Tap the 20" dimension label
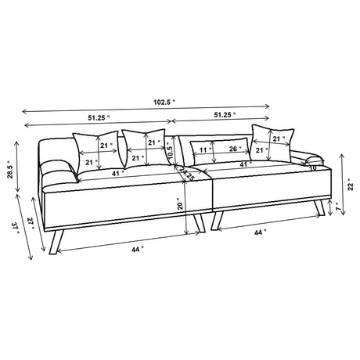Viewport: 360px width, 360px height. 181,206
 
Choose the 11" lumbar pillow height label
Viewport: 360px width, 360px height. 203,149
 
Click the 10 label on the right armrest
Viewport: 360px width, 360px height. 312,167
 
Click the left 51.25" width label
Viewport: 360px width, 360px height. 96,116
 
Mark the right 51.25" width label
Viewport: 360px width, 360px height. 222,115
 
